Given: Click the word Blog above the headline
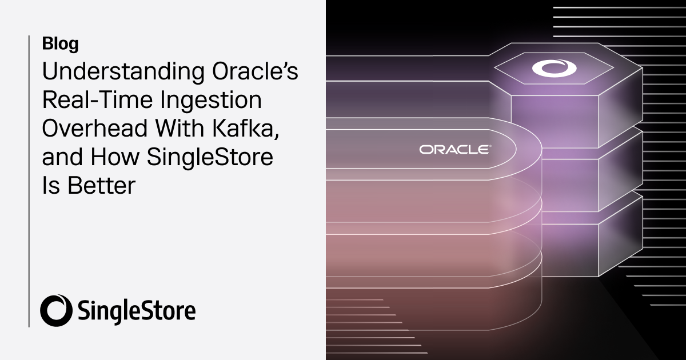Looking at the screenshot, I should (x=60, y=43).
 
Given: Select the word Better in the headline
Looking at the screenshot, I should (x=101, y=185).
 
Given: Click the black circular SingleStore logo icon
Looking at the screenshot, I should (x=55, y=310).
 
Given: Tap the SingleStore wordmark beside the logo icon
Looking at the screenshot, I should (x=135, y=311).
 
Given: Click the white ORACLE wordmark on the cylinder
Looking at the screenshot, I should (x=454, y=149).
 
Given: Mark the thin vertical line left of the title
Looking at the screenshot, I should (x=29, y=181).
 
